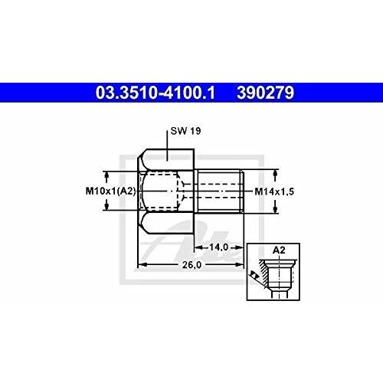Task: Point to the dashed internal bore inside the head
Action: (165, 190)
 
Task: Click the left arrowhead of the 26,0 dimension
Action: (140, 264)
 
